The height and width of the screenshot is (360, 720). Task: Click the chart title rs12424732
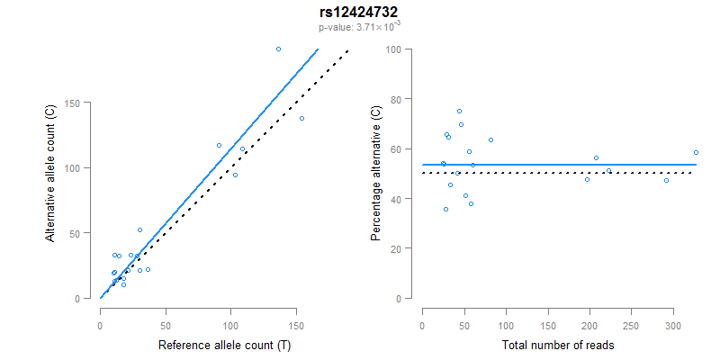pos(359,12)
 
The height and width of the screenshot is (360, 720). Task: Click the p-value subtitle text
pos(359,27)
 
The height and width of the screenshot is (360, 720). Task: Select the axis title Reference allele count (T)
pos(224,345)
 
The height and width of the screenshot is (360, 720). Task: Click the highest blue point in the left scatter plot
pos(278,49)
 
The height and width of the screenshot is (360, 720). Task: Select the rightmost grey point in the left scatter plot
pos(301,118)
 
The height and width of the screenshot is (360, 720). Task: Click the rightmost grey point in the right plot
pos(696,152)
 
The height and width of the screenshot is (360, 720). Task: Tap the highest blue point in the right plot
pos(459,112)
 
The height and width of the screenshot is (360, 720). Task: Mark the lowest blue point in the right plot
pos(445,209)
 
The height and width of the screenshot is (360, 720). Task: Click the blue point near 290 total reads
pos(666,180)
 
